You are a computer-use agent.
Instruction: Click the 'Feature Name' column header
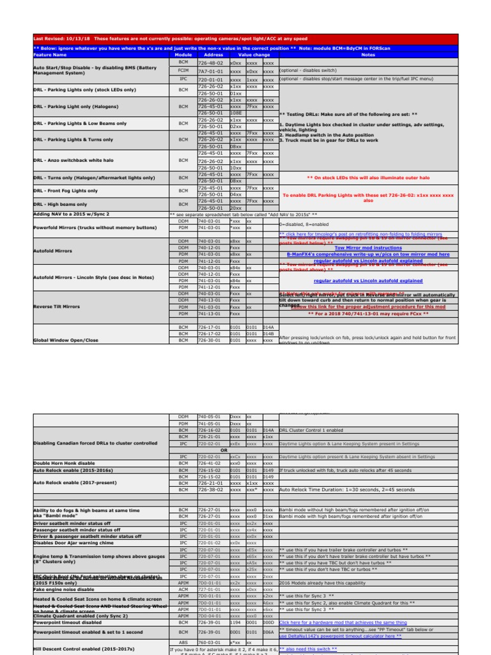coord(48,55)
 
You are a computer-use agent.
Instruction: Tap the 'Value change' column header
coord(253,55)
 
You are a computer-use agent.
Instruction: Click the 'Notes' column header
coord(368,55)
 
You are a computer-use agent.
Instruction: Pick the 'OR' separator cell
coord(223,448)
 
